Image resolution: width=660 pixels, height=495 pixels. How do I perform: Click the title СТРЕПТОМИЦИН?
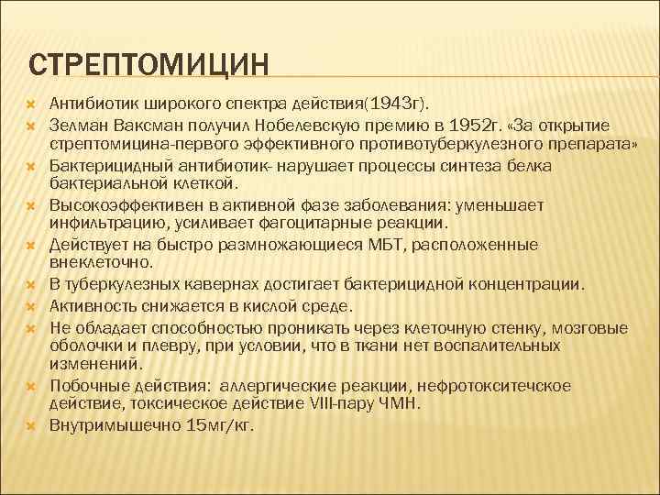pyautogui.click(x=149, y=65)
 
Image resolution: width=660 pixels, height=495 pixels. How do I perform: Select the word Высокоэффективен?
pyautogui.click(x=123, y=204)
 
